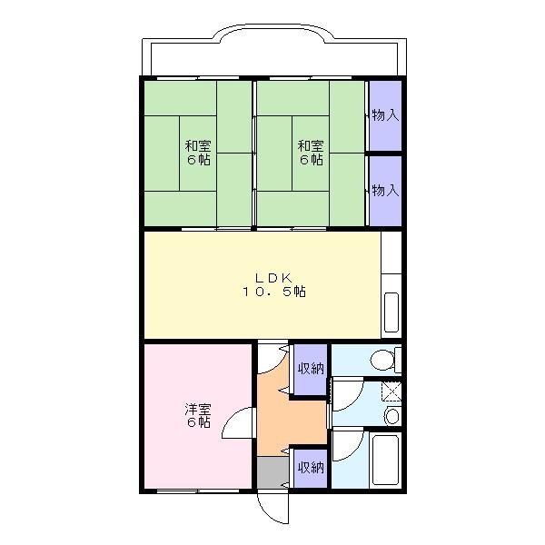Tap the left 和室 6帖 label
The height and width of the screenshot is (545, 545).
point(198,152)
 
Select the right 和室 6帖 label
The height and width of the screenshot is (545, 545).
point(311,152)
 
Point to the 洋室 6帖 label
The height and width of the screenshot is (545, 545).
point(198,415)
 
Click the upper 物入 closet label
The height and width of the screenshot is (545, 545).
point(385,115)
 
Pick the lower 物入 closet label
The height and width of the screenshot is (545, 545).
point(385,190)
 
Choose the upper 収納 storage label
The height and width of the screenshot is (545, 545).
point(311,368)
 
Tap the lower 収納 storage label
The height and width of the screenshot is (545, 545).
point(311,468)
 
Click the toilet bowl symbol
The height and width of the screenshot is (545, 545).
point(387,359)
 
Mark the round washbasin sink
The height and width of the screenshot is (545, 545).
point(391,416)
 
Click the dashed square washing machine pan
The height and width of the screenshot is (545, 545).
point(391,391)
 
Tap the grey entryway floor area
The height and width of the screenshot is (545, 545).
point(269,472)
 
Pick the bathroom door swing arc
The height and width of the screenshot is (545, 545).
point(345,445)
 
